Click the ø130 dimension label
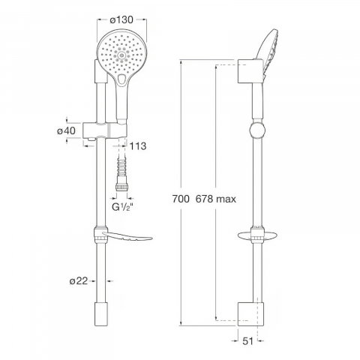tap(121, 20)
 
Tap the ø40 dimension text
tap(66, 130)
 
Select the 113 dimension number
tap(138, 146)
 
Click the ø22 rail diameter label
tap(79, 281)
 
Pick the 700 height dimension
tap(181, 199)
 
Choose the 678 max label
tap(216, 199)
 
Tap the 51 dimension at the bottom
tap(247, 341)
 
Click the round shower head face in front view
tap(122, 54)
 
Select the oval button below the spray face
tap(122, 79)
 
